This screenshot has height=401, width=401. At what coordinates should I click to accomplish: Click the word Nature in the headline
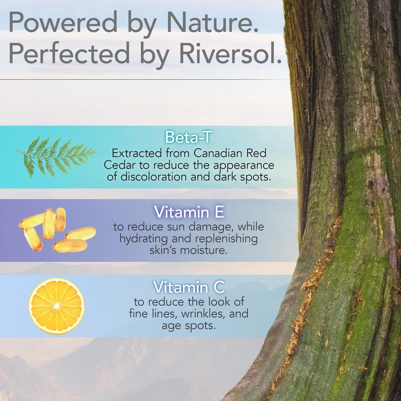(x=213, y=22)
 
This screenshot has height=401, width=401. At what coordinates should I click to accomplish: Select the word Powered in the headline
(x=63, y=22)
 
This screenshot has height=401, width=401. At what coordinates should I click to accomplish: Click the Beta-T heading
(x=188, y=137)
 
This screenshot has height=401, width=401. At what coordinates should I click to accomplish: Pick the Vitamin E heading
(x=189, y=212)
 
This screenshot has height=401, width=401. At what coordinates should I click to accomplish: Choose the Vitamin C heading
(x=189, y=287)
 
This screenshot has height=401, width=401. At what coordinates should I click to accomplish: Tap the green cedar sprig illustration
(x=57, y=157)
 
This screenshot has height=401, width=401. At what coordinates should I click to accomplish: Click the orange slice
(x=56, y=306)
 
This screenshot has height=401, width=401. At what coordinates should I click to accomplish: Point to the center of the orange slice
(x=56, y=306)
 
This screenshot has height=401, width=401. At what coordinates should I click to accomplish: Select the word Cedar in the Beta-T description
(x=119, y=165)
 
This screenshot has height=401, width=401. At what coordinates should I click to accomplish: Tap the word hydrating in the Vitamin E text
(x=144, y=239)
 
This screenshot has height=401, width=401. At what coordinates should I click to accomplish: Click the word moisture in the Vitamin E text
(x=203, y=250)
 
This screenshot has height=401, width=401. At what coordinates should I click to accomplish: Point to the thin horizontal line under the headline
(x=143, y=79)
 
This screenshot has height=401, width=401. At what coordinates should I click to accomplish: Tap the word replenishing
(x=226, y=239)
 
